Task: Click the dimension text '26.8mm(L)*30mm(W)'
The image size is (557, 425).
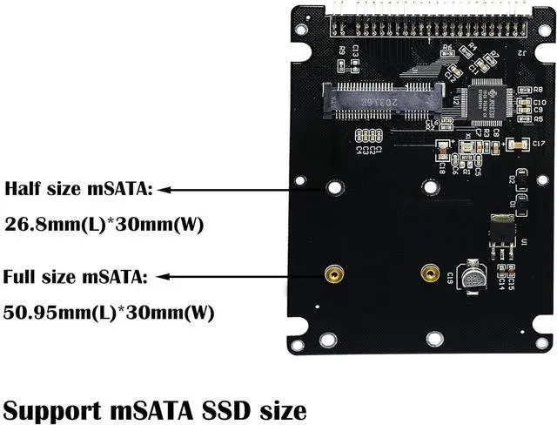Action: (x=104, y=224)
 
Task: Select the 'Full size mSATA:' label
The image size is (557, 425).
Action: (x=75, y=278)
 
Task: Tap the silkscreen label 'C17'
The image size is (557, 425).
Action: (x=538, y=143)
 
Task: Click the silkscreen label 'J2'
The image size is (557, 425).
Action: (x=523, y=52)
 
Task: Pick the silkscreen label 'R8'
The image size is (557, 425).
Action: (x=538, y=90)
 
